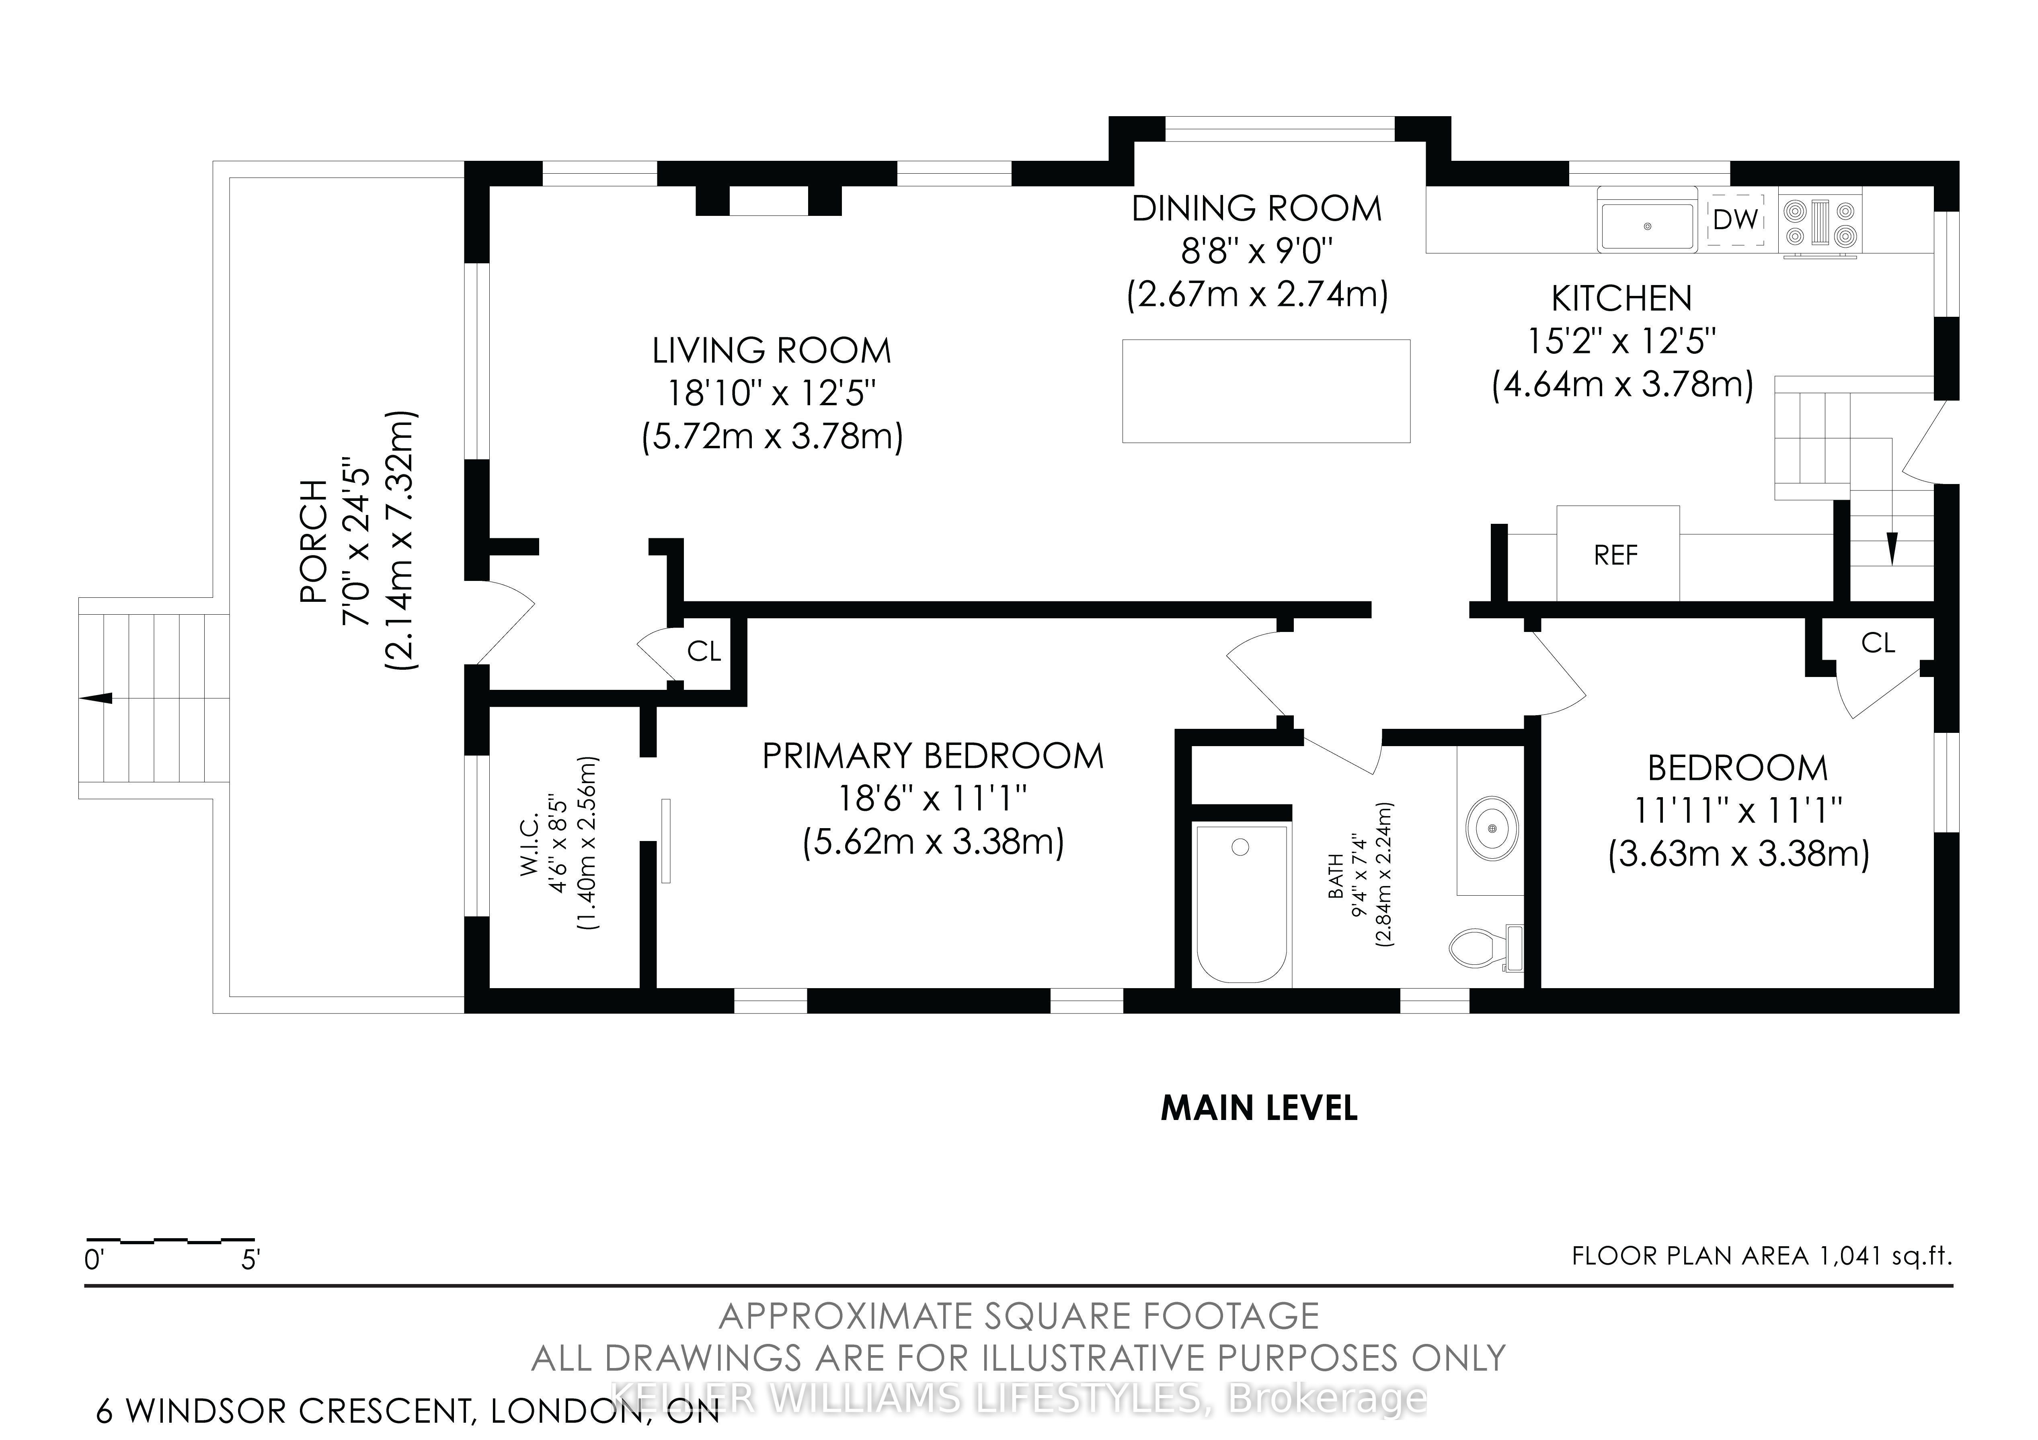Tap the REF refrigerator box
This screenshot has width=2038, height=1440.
1617,554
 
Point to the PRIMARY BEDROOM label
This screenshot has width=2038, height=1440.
933,757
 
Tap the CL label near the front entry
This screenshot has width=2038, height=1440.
704,652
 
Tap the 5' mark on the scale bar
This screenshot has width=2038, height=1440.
250,1260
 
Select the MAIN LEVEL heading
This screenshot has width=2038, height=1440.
1260,1108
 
